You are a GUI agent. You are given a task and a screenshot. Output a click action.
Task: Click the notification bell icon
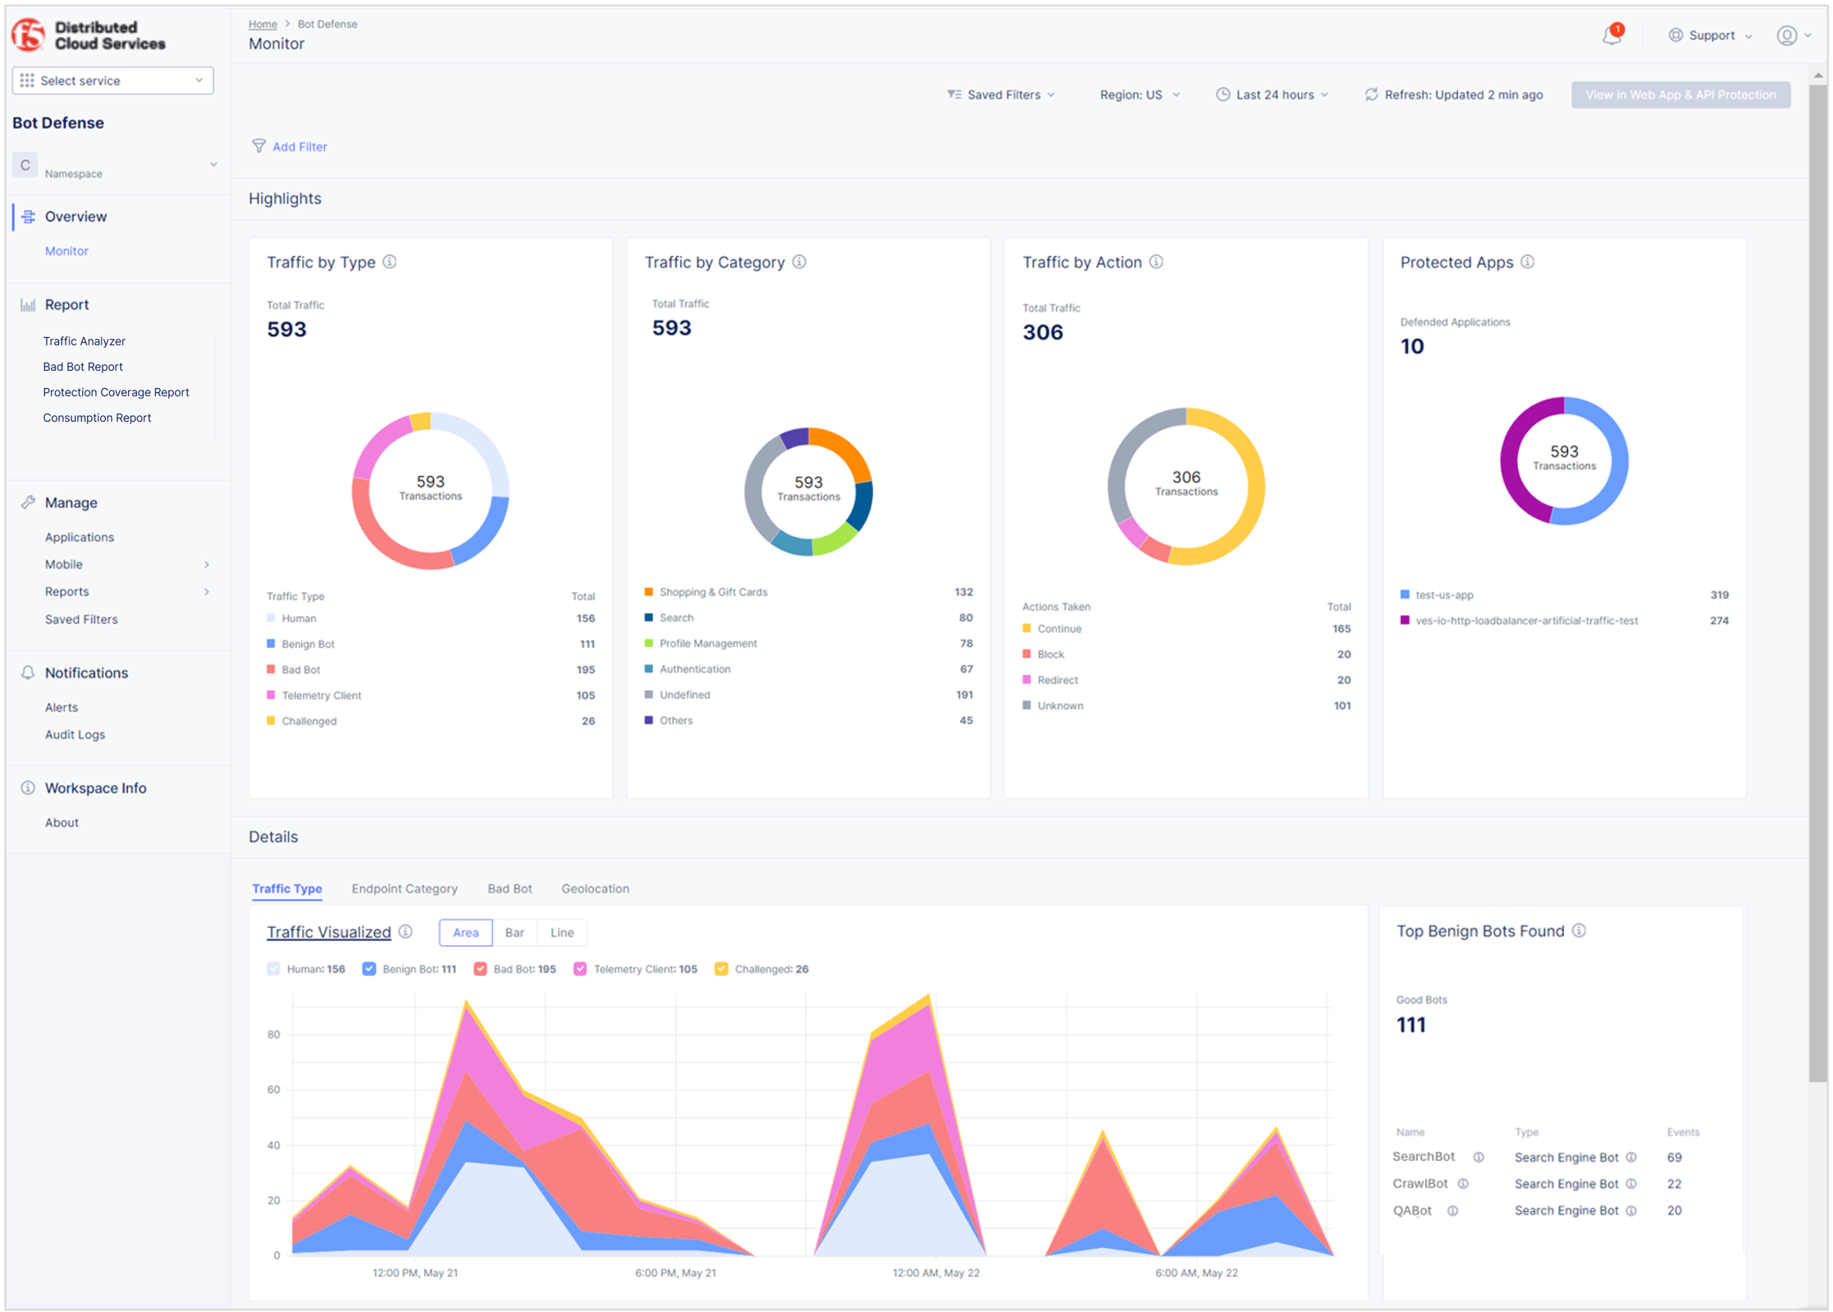coord(1611,36)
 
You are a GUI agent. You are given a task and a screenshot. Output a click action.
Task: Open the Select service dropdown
coord(112,80)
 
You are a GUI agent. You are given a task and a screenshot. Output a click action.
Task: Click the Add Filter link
coord(299,147)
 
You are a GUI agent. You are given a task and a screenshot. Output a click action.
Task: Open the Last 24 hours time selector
coord(1273,95)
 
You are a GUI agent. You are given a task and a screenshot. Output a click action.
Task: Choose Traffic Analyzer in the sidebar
coord(84,341)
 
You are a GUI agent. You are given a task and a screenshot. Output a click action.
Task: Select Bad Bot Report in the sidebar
coord(83,367)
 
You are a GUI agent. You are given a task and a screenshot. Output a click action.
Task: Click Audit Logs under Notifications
coord(75,735)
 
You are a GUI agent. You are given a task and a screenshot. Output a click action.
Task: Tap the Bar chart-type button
coord(514,933)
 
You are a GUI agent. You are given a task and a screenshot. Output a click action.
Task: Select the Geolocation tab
coord(595,889)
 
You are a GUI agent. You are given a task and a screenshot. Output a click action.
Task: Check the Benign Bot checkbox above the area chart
coord(369,969)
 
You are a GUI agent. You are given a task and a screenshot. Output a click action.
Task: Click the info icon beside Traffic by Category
coord(799,262)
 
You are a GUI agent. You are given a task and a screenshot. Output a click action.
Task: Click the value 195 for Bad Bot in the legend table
coord(585,670)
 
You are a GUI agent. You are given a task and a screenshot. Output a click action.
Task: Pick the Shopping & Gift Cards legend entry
coord(712,592)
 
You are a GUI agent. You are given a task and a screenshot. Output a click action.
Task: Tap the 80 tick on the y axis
coord(273,1035)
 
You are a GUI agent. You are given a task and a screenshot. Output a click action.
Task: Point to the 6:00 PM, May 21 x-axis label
coord(675,1273)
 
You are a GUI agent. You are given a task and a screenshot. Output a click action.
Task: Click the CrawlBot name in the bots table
coord(1420,1184)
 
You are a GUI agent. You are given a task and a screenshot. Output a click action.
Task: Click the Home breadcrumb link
coord(263,24)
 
